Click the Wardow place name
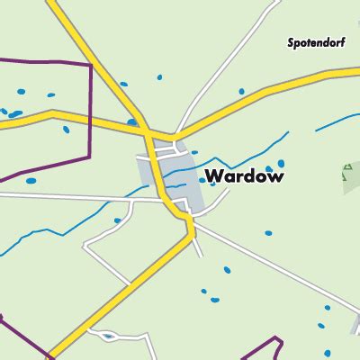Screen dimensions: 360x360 [x=245, y=176]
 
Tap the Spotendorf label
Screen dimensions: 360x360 [x=317, y=42]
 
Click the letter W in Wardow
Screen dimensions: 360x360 [x=214, y=176]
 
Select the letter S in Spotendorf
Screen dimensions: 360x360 [x=291, y=42]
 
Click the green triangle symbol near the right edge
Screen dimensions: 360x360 [x=349, y=172]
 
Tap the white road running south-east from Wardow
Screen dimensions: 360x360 [x=270, y=270]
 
